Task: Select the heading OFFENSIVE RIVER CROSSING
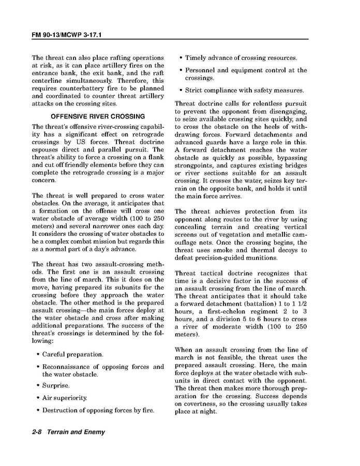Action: point(98,116)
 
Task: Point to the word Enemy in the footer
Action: point(94,432)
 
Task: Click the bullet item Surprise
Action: point(56,385)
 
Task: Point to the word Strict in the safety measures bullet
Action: point(196,90)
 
